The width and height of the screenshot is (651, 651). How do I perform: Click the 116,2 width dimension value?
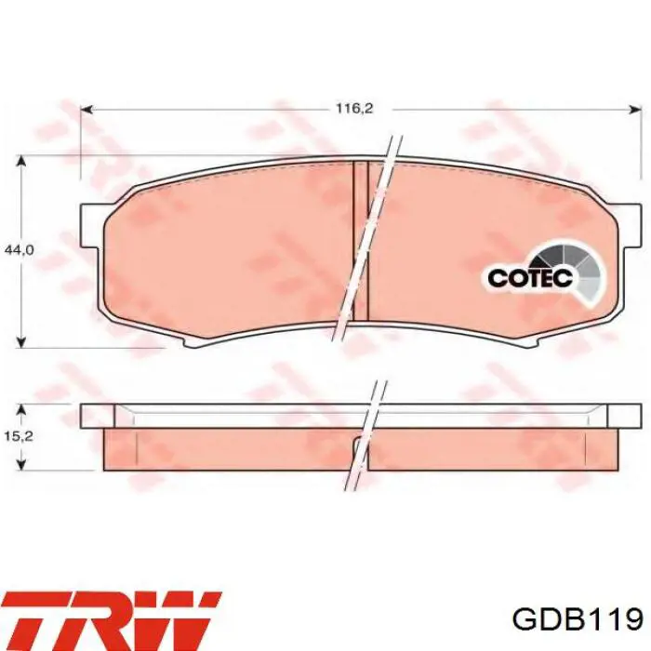[x=354, y=109]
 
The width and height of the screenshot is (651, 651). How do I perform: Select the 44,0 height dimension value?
[x=20, y=250]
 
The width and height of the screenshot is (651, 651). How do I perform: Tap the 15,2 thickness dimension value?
[x=20, y=436]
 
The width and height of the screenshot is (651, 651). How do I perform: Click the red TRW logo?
[x=112, y=620]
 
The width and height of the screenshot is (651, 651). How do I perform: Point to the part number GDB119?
[x=578, y=620]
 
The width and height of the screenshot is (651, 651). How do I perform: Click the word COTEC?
[x=530, y=278]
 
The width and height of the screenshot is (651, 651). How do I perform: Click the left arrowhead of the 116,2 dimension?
[x=86, y=109]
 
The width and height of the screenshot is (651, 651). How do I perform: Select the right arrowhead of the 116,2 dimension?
[x=635, y=109]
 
